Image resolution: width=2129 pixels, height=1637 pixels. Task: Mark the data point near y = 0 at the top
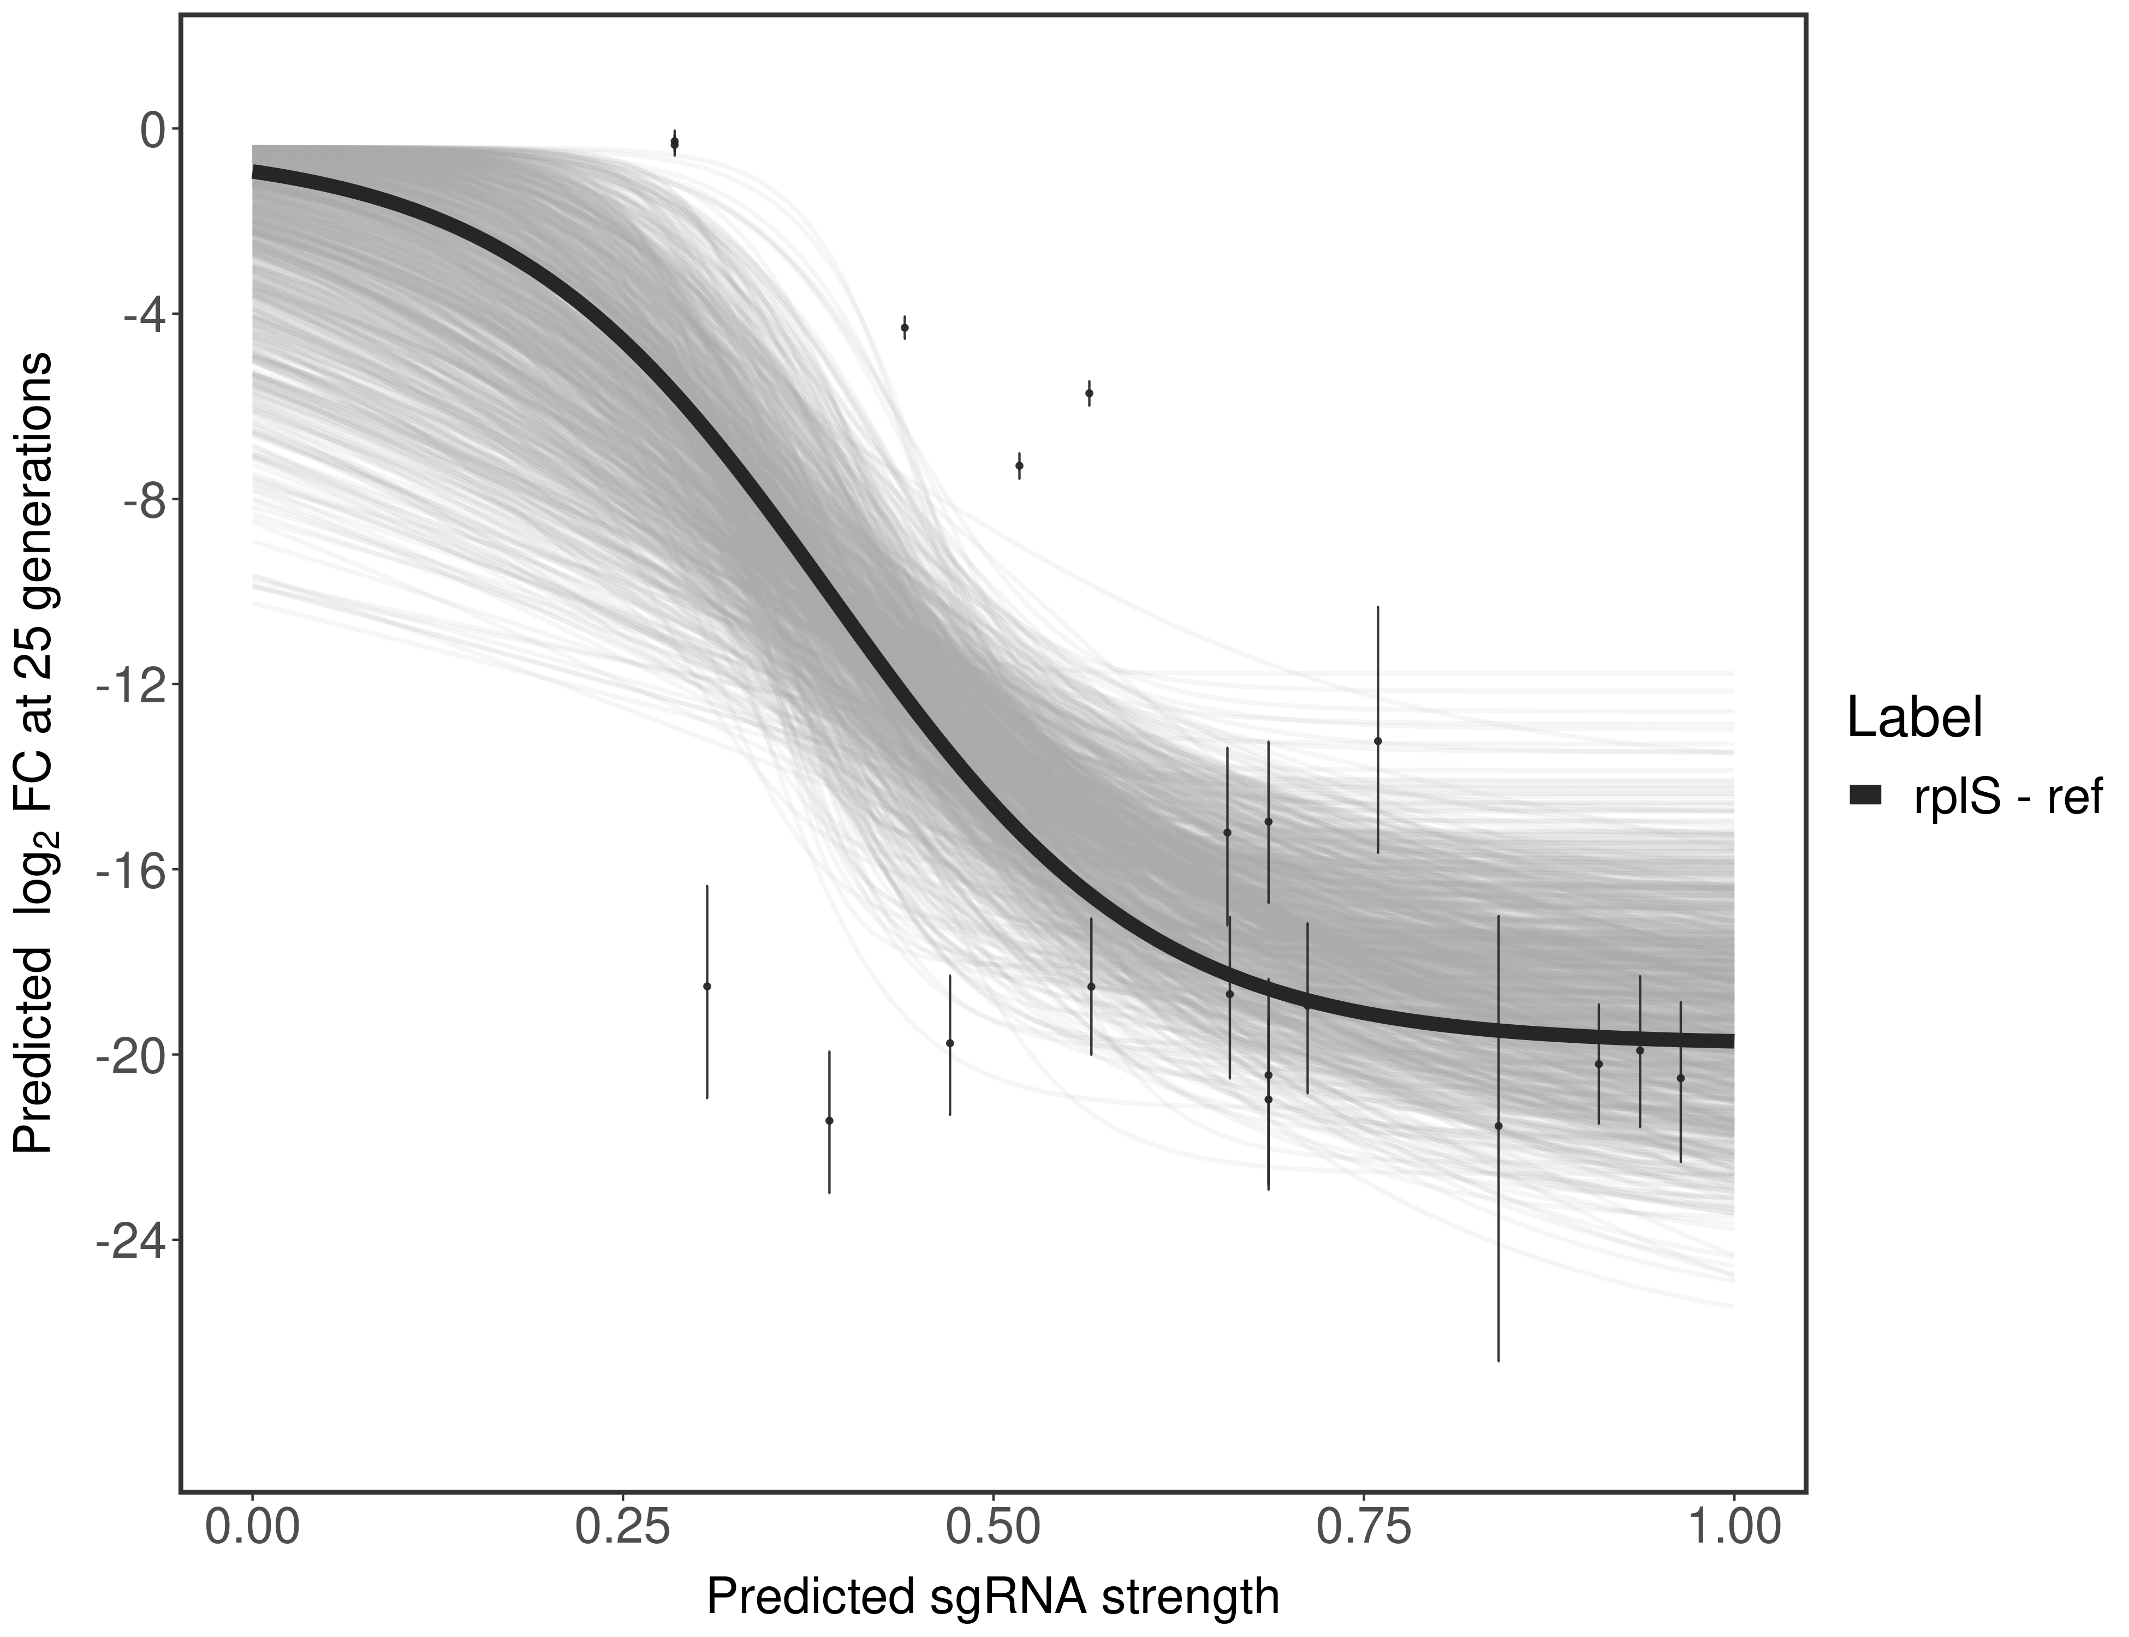click(675, 143)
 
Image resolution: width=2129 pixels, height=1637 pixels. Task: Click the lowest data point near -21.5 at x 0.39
click(830, 1121)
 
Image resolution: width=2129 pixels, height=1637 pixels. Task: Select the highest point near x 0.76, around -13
click(1377, 740)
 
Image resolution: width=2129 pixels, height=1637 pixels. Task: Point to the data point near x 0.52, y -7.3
click(1019, 466)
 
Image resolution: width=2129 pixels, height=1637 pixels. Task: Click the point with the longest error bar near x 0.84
click(1498, 1126)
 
